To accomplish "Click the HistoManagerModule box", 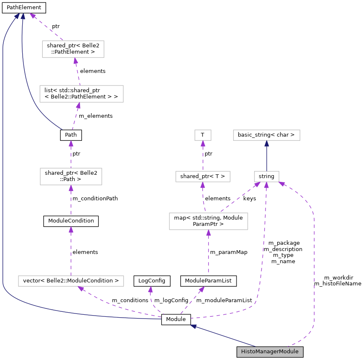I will (270, 352).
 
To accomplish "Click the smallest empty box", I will (203, 135).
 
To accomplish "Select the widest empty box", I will (71, 281).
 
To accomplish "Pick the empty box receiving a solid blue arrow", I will (267, 135).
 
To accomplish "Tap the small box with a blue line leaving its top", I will (267, 176).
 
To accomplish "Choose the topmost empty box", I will (73, 49).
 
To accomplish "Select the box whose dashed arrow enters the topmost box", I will (81, 94).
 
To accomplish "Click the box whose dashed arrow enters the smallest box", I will (203, 176).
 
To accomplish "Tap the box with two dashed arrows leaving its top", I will (208, 221).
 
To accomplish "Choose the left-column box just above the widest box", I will (71, 176).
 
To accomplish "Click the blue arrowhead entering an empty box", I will (267, 144).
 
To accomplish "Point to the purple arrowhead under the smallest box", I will (203, 144).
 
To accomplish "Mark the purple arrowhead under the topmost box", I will (75, 61).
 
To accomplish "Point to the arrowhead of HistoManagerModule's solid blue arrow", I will (193, 326).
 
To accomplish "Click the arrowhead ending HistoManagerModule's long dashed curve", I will (282, 183).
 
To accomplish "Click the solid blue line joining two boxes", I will (267, 157).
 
